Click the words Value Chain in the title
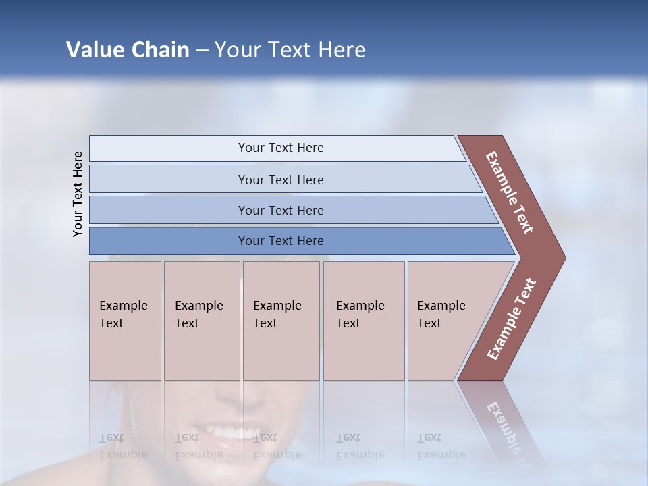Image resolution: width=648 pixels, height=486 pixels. point(128,50)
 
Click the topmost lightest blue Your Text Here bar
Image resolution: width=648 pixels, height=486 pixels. point(281,148)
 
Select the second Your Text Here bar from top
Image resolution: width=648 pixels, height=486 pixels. point(281,180)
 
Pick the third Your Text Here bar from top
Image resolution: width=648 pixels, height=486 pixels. point(281,210)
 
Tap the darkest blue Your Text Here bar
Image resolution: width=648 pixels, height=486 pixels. point(281,241)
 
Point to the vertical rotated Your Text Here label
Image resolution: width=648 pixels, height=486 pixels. point(78,194)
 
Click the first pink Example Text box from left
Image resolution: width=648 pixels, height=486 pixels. point(125,320)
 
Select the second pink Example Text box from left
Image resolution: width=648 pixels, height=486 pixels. point(201,320)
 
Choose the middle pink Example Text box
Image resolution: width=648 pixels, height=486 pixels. point(281,320)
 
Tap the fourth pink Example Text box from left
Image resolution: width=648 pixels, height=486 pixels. point(363,320)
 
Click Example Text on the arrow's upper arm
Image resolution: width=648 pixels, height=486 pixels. point(510,192)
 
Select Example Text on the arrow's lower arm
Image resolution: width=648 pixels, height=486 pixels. point(512,319)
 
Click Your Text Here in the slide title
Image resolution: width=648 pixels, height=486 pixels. point(290,50)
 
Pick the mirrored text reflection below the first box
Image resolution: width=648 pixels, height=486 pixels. point(123,446)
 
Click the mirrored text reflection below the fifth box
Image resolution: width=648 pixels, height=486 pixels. point(441,446)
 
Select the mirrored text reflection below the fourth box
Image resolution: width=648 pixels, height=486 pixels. point(360,446)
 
